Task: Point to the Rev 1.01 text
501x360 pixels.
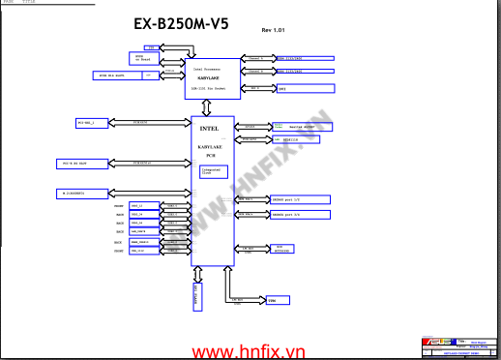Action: tap(274, 31)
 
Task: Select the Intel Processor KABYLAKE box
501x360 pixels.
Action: tap(211, 78)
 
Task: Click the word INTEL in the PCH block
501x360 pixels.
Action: tap(209, 128)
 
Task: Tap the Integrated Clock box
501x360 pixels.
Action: tap(211, 171)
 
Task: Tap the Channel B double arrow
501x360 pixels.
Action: tap(255, 71)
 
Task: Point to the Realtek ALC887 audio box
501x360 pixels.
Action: tap(299, 127)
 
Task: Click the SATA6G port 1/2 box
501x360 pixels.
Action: tap(302, 199)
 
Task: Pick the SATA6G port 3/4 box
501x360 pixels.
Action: tap(302, 214)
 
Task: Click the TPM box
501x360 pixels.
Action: tap(274, 301)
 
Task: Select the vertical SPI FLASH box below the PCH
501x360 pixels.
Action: tap(198, 296)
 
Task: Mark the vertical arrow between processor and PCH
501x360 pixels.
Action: tap(211, 106)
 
